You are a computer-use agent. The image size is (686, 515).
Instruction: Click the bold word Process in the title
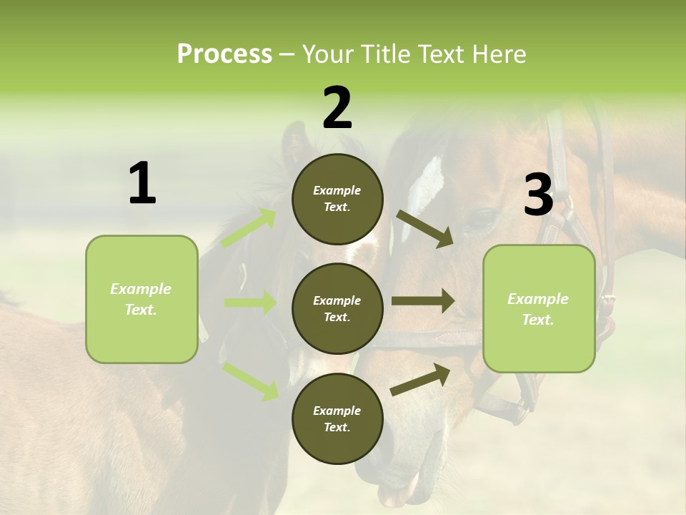pos(224,54)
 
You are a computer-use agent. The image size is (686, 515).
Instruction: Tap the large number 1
pos(142,184)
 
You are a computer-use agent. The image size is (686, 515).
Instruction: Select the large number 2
pos(337,108)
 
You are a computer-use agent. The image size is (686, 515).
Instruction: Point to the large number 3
pos(538,195)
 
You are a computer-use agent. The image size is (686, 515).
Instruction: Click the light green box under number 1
pos(141,299)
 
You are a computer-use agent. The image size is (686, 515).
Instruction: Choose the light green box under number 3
pos(539,309)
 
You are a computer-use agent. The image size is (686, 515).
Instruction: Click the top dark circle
pos(337,199)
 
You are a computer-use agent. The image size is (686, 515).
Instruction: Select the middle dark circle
pos(337,308)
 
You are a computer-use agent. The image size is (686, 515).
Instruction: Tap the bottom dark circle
pos(337,418)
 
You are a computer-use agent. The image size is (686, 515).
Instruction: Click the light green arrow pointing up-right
pos(249,227)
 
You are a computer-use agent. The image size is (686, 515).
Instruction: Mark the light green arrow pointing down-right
pos(250,380)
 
